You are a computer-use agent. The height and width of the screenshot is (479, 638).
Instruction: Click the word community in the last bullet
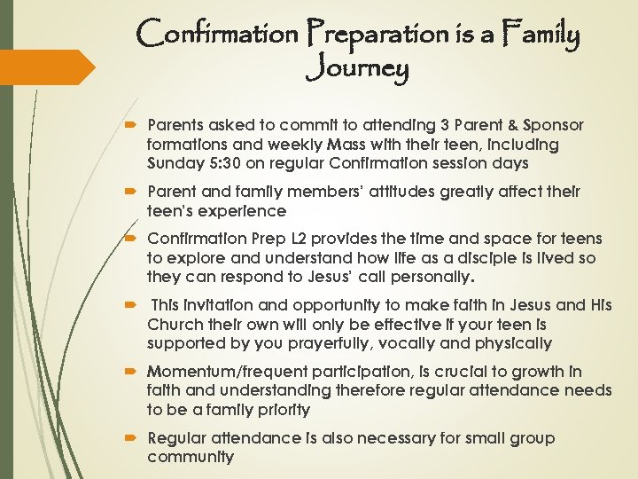point(191,457)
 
